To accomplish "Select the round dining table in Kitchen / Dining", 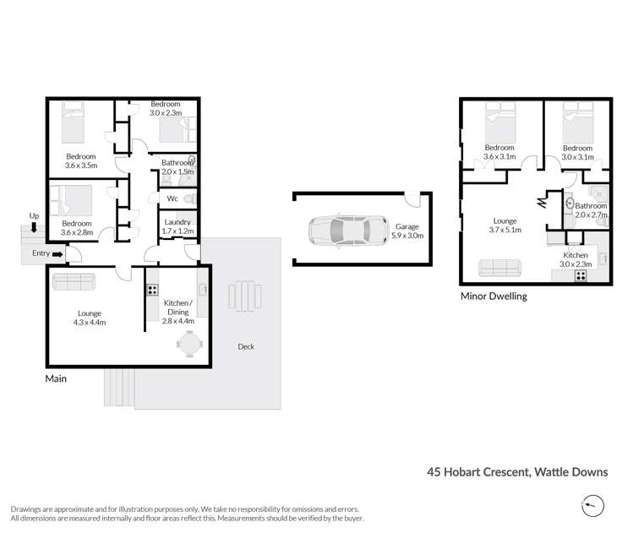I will [x=189, y=342].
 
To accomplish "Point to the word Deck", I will [x=245, y=346].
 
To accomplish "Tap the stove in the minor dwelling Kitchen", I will [x=581, y=275].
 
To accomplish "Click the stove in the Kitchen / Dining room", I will [x=152, y=290].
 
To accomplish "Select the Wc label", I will [x=172, y=199].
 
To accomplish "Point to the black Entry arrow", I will [x=57, y=253].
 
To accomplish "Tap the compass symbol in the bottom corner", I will [x=594, y=506].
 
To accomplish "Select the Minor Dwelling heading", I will [x=494, y=296].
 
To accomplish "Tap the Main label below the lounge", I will [x=56, y=378].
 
